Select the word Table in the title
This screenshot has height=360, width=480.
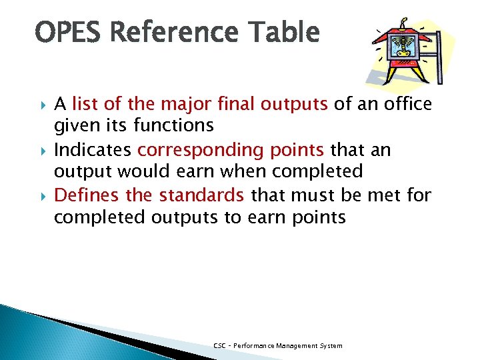283,32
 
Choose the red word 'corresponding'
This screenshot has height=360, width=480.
199,150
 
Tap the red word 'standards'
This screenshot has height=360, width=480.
201,196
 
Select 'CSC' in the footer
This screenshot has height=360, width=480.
219,345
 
